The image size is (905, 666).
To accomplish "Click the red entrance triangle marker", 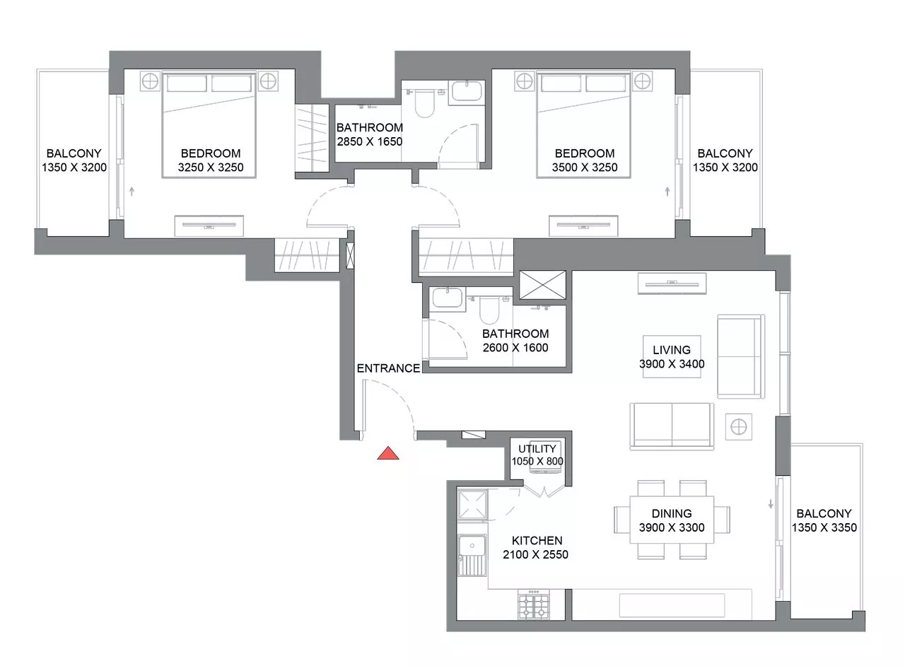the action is [388, 454].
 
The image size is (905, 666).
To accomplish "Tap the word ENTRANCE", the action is [388, 368].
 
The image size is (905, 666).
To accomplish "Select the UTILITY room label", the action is [537, 448].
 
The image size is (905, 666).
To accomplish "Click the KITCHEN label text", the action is [537, 540].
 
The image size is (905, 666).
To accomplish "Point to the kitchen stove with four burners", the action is [534, 605].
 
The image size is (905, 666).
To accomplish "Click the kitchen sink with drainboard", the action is [472, 555].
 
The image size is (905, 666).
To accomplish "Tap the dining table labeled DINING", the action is [672, 520].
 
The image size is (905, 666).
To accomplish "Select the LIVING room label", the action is [672, 349].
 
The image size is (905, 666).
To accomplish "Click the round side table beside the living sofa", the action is [739, 427].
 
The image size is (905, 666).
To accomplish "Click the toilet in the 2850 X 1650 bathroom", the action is [424, 103].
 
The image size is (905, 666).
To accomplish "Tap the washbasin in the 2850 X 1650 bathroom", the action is [467, 92].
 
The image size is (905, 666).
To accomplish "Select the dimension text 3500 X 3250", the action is [585, 168].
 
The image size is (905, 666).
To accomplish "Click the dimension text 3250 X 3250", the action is [211, 168].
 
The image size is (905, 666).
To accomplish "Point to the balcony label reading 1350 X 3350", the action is [824, 527].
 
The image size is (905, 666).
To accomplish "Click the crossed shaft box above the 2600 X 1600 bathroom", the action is [542, 285].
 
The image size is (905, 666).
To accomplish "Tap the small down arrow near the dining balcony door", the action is [771, 504].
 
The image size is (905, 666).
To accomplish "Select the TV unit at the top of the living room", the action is [672, 284].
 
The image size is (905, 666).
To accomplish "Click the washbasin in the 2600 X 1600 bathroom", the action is [447, 298].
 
